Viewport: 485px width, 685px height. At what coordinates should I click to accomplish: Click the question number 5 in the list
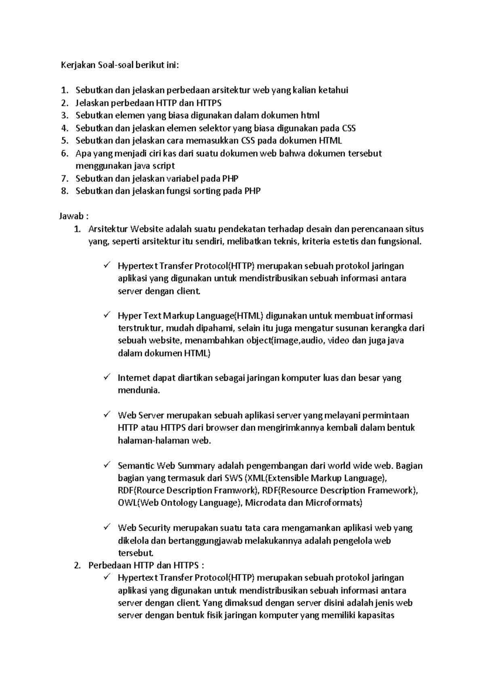coord(65,141)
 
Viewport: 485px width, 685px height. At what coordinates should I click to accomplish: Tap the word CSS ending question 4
coord(348,128)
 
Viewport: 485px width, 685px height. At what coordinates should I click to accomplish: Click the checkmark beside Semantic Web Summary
coord(107,465)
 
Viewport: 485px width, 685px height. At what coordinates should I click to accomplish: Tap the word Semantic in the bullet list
coord(135,466)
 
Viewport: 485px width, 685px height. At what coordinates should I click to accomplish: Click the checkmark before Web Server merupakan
coord(107,414)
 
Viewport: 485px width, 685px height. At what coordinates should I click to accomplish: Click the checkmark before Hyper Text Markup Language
coord(107,315)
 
